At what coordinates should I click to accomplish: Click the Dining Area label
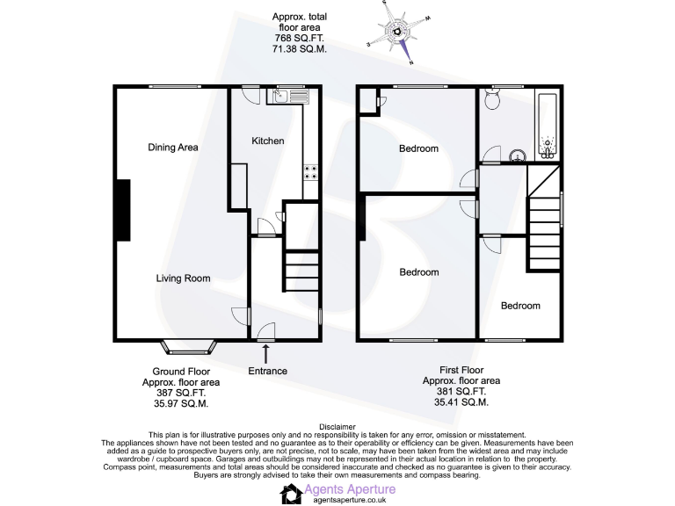pyautogui.click(x=172, y=148)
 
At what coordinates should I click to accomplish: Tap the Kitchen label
pyautogui.click(x=268, y=141)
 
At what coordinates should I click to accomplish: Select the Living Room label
pyautogui.click(x=183, y=278)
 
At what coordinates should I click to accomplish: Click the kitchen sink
pyautogui.click(x=289, y=95)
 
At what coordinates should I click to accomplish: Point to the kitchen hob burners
pyautogui.click(x=310, y=171)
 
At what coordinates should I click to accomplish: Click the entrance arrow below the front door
pyautogui.click(x=265, y=353)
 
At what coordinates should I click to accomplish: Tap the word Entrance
pyautogui.click(x=267, y=371)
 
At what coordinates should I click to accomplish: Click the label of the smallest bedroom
pyautogui.click(x=520, y=306)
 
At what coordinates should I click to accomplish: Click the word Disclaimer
pyautogui.click(x=337, y=428)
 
